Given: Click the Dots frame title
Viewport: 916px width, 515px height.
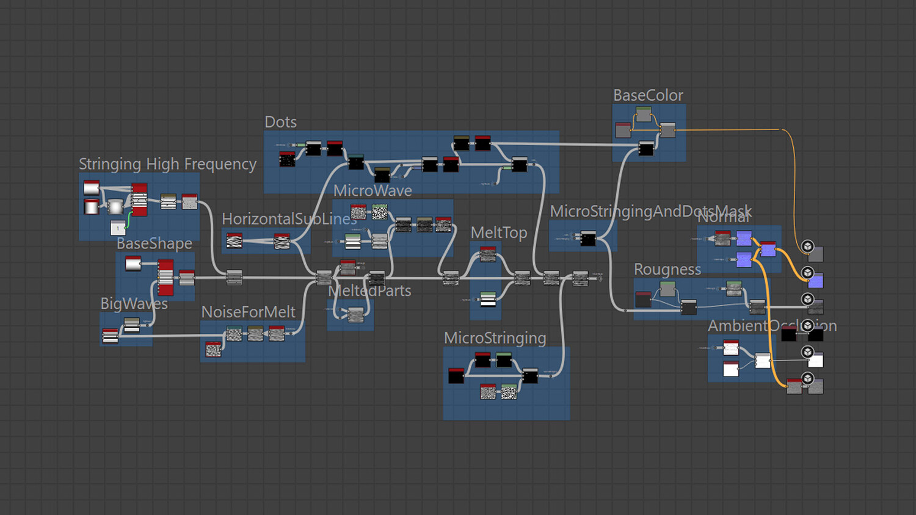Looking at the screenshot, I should click(x=280, y=122).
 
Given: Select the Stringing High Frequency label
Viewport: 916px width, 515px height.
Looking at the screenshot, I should click(x=167, y=164).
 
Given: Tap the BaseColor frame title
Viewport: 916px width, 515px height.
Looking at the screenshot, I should click(x=648, y=95).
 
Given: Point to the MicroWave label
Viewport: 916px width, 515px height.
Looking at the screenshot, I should click(x=373, y=190).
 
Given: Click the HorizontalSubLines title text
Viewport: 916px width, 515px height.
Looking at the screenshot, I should click(x=288, y=219).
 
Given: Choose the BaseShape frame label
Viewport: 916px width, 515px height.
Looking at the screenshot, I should click(x=154, y=243).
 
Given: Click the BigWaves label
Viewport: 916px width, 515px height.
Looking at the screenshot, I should click(x=134, y=303).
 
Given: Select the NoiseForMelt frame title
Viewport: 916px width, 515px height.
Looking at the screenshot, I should click(x=248, y=312).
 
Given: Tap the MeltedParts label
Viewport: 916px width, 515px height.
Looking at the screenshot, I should click(x=369, y=291).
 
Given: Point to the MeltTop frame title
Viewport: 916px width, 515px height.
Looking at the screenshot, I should click(x=498, y=232).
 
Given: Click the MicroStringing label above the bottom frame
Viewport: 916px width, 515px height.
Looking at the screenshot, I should click(x=495, y=338).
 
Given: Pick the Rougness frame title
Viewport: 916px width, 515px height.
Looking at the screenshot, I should click(x=667, y=269).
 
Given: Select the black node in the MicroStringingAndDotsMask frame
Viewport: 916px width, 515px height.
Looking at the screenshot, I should click(x=588, y=238).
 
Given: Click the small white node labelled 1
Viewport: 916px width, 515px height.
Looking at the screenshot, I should click(x=118, y=228).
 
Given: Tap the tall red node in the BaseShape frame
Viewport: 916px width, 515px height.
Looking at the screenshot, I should click(x=165, y=278).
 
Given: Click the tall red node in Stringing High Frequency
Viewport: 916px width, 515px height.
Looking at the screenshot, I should click(x=139, y=200).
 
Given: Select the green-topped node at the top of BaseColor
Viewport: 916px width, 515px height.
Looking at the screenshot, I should click(x=644, y=114).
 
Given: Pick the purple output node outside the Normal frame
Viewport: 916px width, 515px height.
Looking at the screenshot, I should click(x=815, y=281).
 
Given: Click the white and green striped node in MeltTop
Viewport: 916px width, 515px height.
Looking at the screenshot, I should click(x=488, y=299).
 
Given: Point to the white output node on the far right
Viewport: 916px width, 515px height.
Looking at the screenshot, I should click(x=815, y=360).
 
